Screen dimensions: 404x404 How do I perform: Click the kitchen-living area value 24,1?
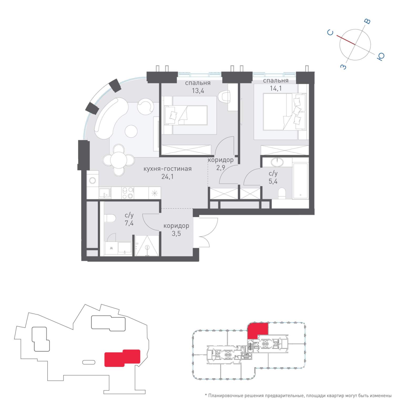(167, 176)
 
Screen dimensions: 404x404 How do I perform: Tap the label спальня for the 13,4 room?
(198, 83)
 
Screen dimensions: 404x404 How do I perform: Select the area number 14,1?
(276, 88)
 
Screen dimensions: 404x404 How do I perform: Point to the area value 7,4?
(129, 223)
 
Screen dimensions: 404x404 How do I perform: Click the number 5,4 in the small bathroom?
(273, 181)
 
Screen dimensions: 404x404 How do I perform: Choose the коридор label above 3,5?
(176, 226)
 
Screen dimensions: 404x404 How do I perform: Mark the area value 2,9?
(221, 168)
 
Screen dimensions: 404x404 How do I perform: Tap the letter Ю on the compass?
(381, 56)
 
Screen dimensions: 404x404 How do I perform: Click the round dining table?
(119, 160)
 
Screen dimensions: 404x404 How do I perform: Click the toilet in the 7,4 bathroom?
(110, 218)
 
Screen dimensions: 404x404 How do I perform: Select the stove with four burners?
(128, 193)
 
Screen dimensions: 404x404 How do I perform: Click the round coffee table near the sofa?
(131, 131)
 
